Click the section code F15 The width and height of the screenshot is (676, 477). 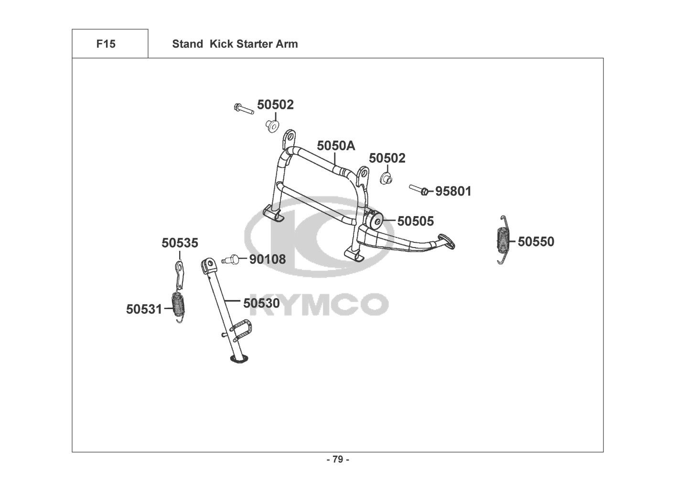coord(106,44)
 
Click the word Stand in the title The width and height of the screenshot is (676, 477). coord(187,44)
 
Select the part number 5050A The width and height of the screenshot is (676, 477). coord(336,145)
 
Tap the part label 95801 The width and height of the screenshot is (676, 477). coord(453,191)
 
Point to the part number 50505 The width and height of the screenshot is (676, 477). coord(416,221)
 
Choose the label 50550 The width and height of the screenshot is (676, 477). coord(536,242)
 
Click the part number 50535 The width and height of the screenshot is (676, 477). coord(180,243)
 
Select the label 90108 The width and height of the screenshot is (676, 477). coord(268,259)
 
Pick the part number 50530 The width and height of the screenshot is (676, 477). coord(261,303)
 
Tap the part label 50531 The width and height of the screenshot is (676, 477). coord(144,309)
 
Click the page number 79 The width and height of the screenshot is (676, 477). coord(337,460)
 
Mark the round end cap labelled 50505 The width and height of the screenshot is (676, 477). coord(377,221)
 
